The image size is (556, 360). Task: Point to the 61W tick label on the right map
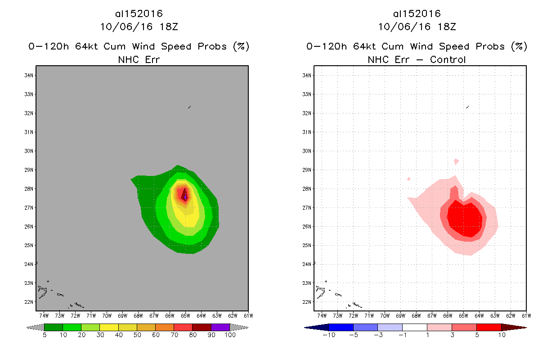pos(525,315)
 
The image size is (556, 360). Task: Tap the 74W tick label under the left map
pos(45,315)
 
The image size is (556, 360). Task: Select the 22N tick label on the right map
pos(308,301)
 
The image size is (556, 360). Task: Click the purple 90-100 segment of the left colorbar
pos(220,327)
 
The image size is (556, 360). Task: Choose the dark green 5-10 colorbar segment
pos(54,327)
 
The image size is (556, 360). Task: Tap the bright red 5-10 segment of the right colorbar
pos(489,327)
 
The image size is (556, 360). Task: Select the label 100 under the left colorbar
pos(230,335)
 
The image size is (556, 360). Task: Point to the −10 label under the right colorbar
pos(328,335)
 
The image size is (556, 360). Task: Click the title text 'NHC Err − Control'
pos(417,59)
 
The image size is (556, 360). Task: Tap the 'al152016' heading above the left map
pos(139,14)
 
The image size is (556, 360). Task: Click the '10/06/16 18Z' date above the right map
pos(417,27)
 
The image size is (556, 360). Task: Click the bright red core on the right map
pos(466,219)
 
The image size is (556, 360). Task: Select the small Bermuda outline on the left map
pos(189,107)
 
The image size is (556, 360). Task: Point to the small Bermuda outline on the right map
pos(467,107)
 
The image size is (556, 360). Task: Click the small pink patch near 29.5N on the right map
pos(457,161)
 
